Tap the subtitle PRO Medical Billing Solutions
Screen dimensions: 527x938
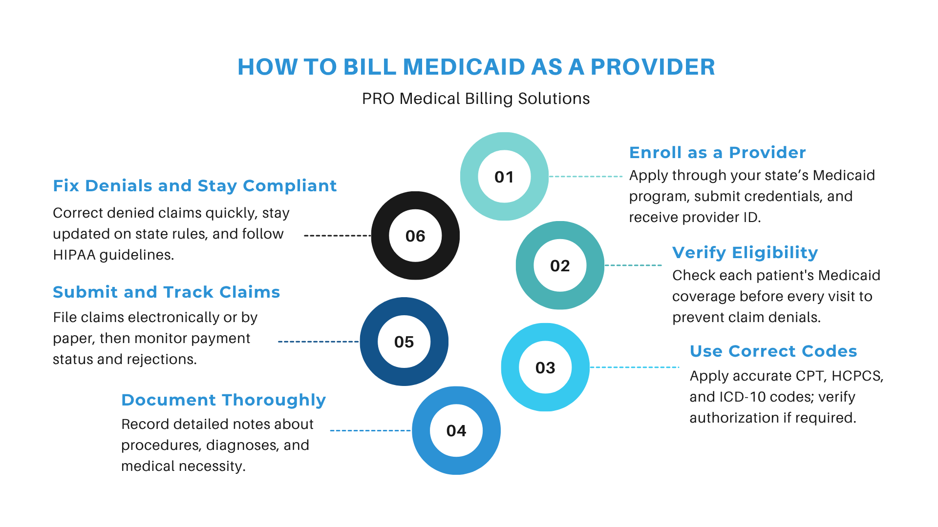476,99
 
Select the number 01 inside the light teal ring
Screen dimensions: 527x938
504,177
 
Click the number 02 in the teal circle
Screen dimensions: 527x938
560,265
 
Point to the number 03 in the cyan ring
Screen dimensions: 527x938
545,367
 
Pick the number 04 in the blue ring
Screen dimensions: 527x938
456,430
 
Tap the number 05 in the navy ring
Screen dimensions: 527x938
404,342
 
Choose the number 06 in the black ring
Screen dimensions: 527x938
415,236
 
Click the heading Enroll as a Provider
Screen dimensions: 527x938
717,153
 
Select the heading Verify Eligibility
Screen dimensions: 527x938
745,253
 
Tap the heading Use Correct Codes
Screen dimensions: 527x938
773,351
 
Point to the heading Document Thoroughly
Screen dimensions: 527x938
223,400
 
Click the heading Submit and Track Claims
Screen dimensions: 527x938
166,292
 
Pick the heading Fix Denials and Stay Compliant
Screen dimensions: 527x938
194,186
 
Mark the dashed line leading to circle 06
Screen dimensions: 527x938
338,236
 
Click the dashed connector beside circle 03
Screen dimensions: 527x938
635,367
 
